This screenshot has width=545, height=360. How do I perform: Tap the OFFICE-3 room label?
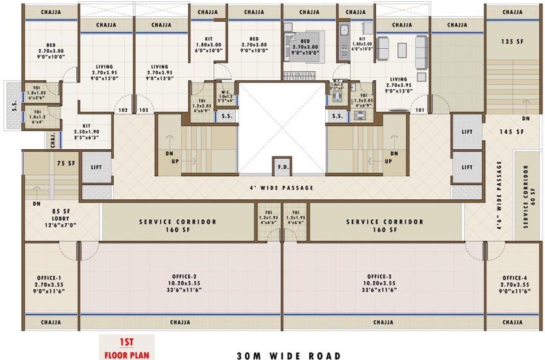(384, 277)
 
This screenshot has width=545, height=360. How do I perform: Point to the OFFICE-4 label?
(515, 277)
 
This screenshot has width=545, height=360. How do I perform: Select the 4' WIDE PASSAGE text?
(282, 188)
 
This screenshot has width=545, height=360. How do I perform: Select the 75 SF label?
(66, 163)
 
